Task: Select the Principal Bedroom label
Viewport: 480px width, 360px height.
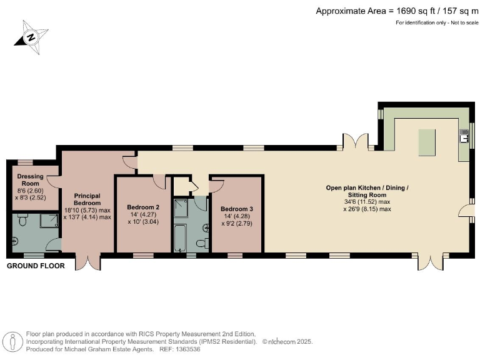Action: pos(87,199)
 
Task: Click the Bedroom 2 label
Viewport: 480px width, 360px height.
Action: pos(143,207)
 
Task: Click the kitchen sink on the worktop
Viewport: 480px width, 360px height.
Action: pos(463,135)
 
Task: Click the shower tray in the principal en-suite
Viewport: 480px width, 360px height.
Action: pos(49,221)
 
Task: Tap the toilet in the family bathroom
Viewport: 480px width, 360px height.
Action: pos(202,243)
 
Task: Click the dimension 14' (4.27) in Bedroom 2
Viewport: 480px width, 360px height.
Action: pos(143,214)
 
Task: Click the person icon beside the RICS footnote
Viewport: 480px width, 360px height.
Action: pos(12,342)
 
